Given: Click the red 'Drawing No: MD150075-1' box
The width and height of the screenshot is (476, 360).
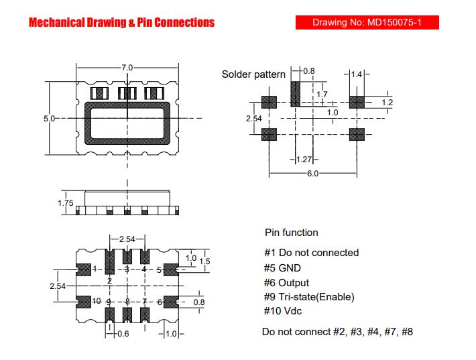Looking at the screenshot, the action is pyautogui.click(x=367, y=23).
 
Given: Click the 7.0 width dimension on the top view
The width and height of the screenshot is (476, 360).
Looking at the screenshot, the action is pyautogui.click(x=127, y=68).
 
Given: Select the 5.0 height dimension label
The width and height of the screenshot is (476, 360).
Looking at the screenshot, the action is pyautogui.click(x=49, y=119).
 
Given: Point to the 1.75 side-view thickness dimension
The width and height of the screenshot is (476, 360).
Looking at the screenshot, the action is pyautogui.click(x=66, y=202).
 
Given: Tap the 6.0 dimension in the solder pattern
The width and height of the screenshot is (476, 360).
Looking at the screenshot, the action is pyautogui.click(x=312, y=174).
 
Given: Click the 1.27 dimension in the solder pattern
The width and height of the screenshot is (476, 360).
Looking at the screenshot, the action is pyautogui.click(x=304, y=160).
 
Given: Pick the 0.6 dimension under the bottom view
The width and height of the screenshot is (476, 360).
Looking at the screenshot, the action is pyautogui.click(x=123, y=334).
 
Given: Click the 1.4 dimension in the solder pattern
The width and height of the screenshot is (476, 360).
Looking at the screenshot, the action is pyautogui.click(x=357, y=74).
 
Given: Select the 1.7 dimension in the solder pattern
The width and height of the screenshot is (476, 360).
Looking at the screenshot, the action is pyautogui.click(x=322, y=95).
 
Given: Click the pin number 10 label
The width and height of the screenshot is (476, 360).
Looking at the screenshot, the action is pyautogui.click(x=97, y=301).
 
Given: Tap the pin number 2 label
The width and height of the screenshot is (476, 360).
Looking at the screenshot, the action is pyautogui.click(x=109, y=281).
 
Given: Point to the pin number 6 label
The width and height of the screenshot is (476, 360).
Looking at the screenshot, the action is pyautogui.click(x=160, y=302).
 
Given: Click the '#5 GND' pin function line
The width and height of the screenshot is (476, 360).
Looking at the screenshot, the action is pyautogui.click(x=282, y=267).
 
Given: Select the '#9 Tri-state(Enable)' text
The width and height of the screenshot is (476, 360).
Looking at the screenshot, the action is pyautogui.click(x=309, y=296).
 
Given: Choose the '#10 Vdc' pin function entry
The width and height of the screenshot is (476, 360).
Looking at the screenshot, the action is pyautogui.click(x=283, y=311).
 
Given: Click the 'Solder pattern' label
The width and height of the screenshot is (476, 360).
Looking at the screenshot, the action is pyautogui.click(x=253, y=74).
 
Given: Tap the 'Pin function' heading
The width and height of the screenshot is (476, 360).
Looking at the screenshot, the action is pyautogui.click(x=292, y=233).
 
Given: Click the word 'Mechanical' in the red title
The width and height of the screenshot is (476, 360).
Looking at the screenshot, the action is pyautogui.click(x=57, y=23).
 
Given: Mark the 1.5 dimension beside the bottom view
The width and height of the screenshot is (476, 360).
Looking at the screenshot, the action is pyautogui.click(x=204, y=261).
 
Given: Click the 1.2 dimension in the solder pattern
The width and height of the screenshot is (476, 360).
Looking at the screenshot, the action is pyautogui.click(x=388, y=103).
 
